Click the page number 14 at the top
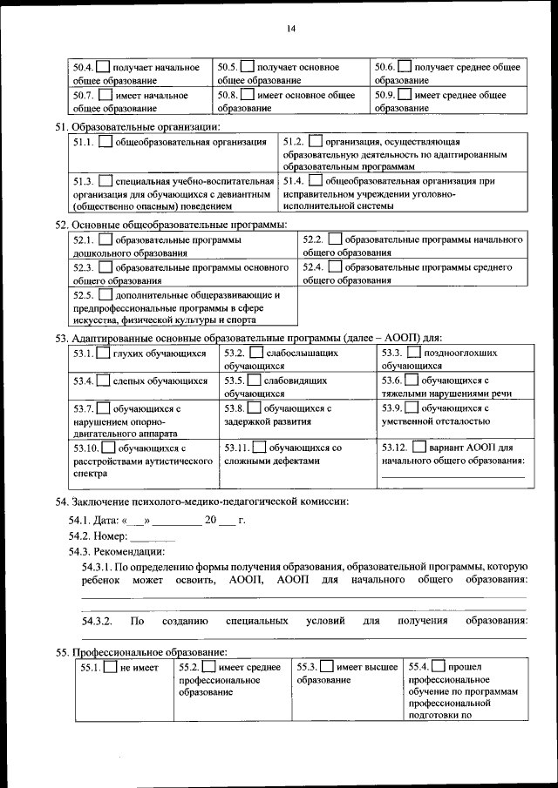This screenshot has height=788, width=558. [x=290, y=29]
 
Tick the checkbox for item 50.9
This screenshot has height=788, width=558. [x=405, y=94]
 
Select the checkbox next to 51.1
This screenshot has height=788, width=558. [x=105, y=141]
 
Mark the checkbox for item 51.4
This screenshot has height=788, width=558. [x=315, y=180]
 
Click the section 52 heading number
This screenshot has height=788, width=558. [x=60, y=224]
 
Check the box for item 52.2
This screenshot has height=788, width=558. [x=335, y=239]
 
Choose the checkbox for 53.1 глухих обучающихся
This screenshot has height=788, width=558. [x=103, y=354]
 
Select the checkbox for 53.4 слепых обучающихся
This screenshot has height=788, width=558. [x=103, y=381]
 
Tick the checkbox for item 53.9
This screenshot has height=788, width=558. [x=414, y=407]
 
